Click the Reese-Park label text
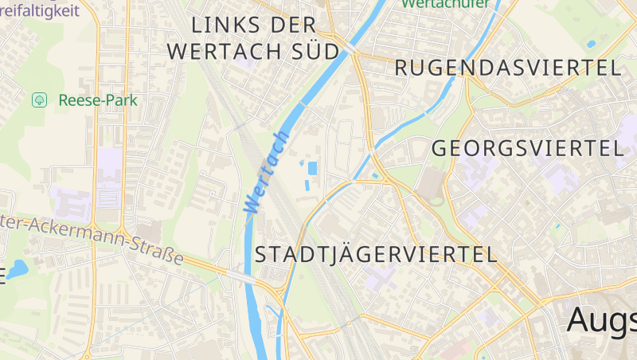pyautogui.click(x=98, y=100)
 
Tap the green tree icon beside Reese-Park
pyautogui.click(x=38, y=100)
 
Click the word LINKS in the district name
pyautogui.click(x=227, y=25)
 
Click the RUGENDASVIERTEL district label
pyautogui.click(x=508, y=68)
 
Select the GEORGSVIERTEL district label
pyautogui.click(x=527, y=148)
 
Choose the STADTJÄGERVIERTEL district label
pyautogui.click(x=376, y=255)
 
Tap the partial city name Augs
pyautogui.click(x=602, y=320)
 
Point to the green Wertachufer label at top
pyautogui.click(x=435, y=4)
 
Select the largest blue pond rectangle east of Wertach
pyautogui.click(x=312, y=168)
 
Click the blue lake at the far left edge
pyautogui.click(x=18, y=268)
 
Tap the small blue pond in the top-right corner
pyautogui.click(x=591, y=42)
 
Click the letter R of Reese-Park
pyautogui.click(x=63, y=100)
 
